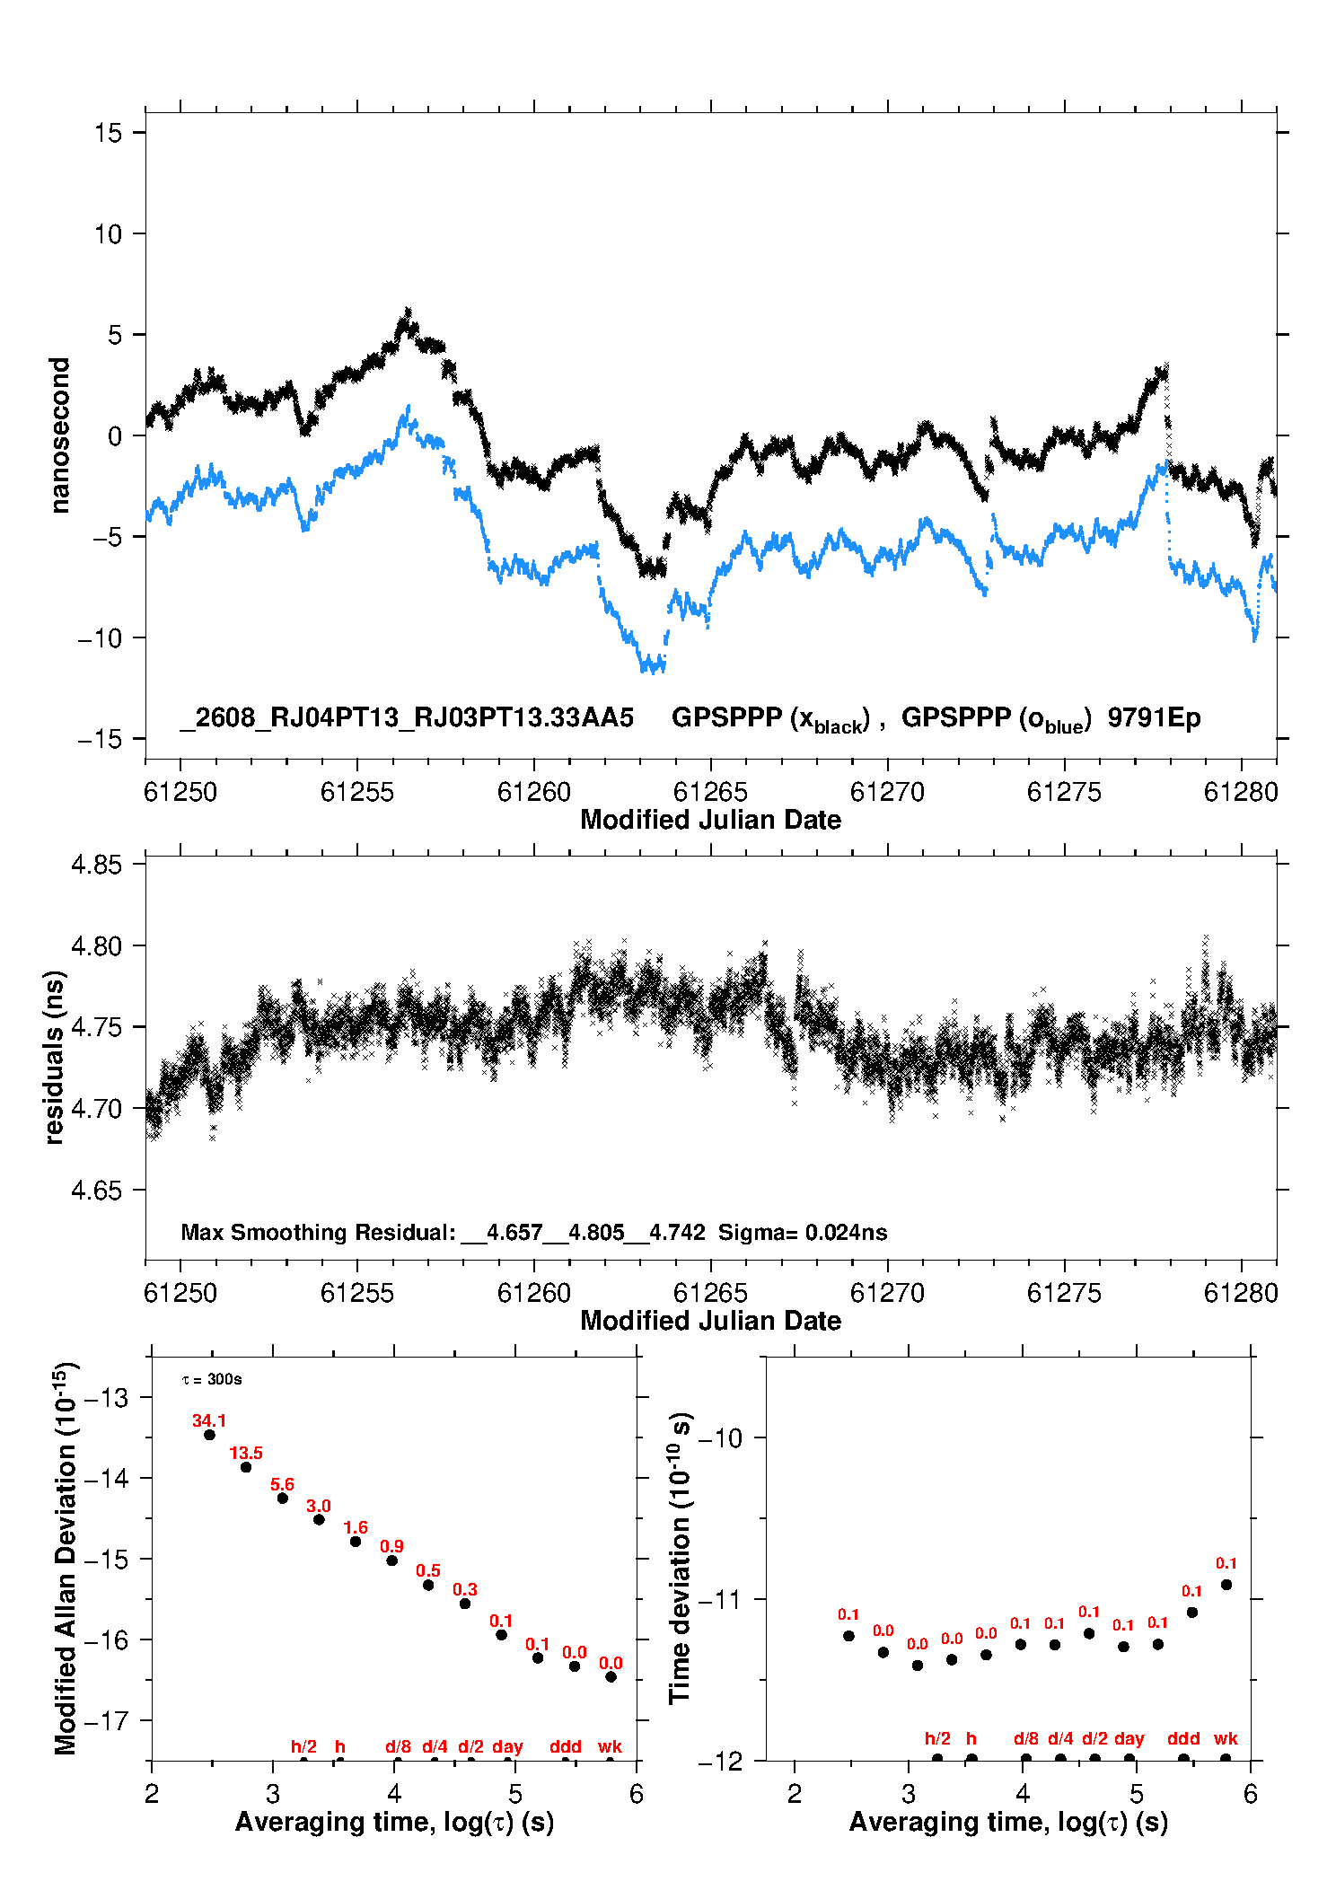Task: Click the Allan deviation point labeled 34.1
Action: (209, 1435)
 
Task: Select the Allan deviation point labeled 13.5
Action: (246, 1467)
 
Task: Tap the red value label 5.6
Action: (283, 1485)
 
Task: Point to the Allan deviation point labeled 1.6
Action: (356, 1542)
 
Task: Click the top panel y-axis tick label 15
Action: (108, 133)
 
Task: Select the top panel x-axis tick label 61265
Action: (710, 792)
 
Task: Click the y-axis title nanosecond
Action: (59, 435)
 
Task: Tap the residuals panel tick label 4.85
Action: (96, 865)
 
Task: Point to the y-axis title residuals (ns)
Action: (55, 1057)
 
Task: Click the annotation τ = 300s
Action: (212, 1379)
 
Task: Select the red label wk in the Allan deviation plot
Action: (611, 1746)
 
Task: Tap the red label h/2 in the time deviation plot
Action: (937, 1738)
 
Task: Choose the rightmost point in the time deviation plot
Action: (1226, 1585)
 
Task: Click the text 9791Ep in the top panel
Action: (1154, 717)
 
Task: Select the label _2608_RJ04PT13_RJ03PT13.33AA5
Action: (407, 717)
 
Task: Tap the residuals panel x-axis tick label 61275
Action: (1064, 1293)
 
